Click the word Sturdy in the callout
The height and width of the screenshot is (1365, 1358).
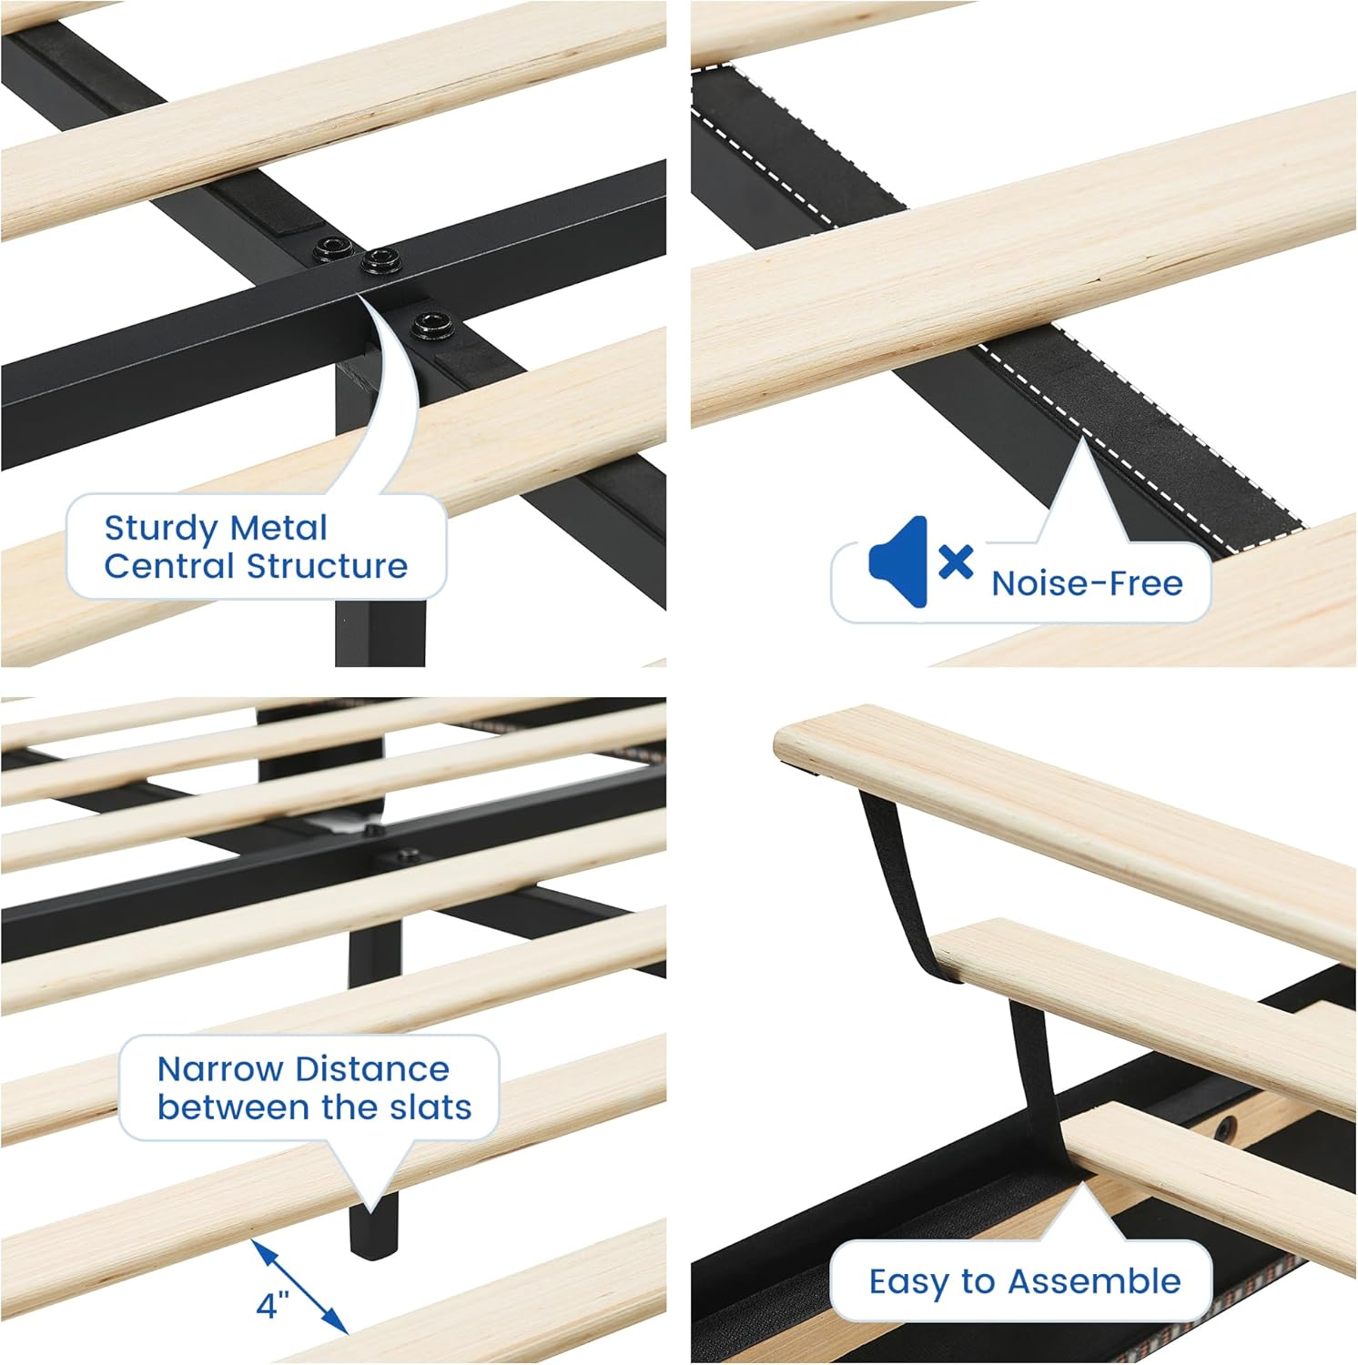point(160,529)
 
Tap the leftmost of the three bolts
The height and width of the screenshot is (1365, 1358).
point(331,248)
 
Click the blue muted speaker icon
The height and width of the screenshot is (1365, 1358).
point(897,561)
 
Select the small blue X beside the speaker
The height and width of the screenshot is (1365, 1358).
point(956,561)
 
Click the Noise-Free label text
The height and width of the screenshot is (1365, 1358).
point(1087,583)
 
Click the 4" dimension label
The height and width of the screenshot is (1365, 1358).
point(272,1305)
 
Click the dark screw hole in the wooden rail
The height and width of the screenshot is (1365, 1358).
point(1226,1128)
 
